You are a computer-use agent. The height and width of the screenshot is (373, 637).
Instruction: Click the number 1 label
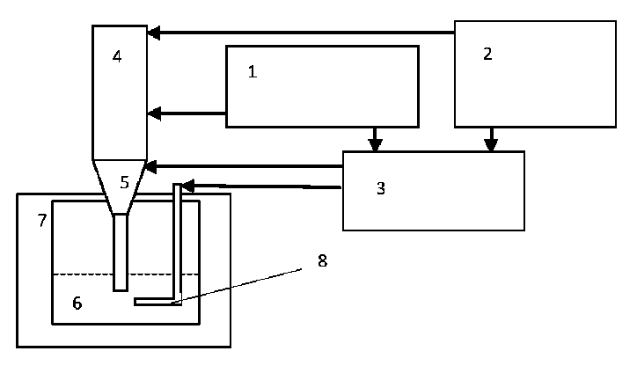pos(253,71)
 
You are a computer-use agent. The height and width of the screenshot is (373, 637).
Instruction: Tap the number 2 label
pos(487,54)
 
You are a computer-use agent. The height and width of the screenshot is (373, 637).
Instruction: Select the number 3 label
pos(380,188)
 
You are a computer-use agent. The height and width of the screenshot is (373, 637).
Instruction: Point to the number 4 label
pos(117,57)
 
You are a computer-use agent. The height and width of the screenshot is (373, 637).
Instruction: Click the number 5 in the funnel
pos(124,182)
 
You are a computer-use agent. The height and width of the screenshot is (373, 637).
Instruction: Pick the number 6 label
pos(77,304)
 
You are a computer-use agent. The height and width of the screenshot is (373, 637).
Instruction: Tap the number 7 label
pos(41,220)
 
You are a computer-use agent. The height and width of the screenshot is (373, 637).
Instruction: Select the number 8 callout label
pos(322,260)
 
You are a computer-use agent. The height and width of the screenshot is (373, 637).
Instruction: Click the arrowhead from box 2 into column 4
pos(154,33)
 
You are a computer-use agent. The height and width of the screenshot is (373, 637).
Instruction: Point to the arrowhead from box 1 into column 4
pos(154,113)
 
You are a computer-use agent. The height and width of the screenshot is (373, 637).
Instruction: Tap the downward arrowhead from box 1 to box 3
pos(375,144)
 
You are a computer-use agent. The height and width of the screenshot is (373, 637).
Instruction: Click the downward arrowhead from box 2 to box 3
pos(491,144)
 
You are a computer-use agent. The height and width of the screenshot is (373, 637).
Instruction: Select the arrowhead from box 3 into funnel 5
pos(151,165)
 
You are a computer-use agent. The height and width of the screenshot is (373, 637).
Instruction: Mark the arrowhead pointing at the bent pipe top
pos(187,186)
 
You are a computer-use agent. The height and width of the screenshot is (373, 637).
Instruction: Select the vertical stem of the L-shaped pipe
pos(178,242)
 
